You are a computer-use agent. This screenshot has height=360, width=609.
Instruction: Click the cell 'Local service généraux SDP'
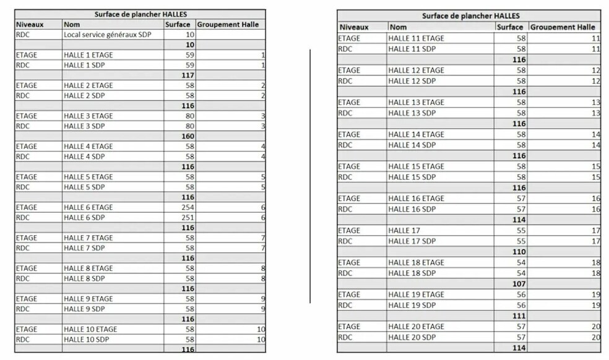click(x=108, y=35)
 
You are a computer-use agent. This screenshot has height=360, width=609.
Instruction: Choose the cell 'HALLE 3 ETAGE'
click(x=89, y=116)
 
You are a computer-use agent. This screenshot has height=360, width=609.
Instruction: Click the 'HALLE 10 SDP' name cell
click(x=86, y=340)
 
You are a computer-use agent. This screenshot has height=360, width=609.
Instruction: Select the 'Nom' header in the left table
click(x=72, y=25)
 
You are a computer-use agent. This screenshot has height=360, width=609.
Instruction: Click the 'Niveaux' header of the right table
click(x=354, y=27)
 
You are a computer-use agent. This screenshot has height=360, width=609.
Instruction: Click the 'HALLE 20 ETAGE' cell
click(x=416, y=327)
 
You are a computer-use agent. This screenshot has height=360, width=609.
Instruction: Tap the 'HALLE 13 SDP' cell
click(x=412, y=113)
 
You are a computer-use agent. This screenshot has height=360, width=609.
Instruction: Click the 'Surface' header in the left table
click(x=178, y=25)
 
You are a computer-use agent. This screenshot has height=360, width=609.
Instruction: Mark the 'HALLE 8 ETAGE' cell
click(x=89, y=268)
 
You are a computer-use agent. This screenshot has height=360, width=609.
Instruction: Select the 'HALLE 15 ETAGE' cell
click(x=416, y=166)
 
